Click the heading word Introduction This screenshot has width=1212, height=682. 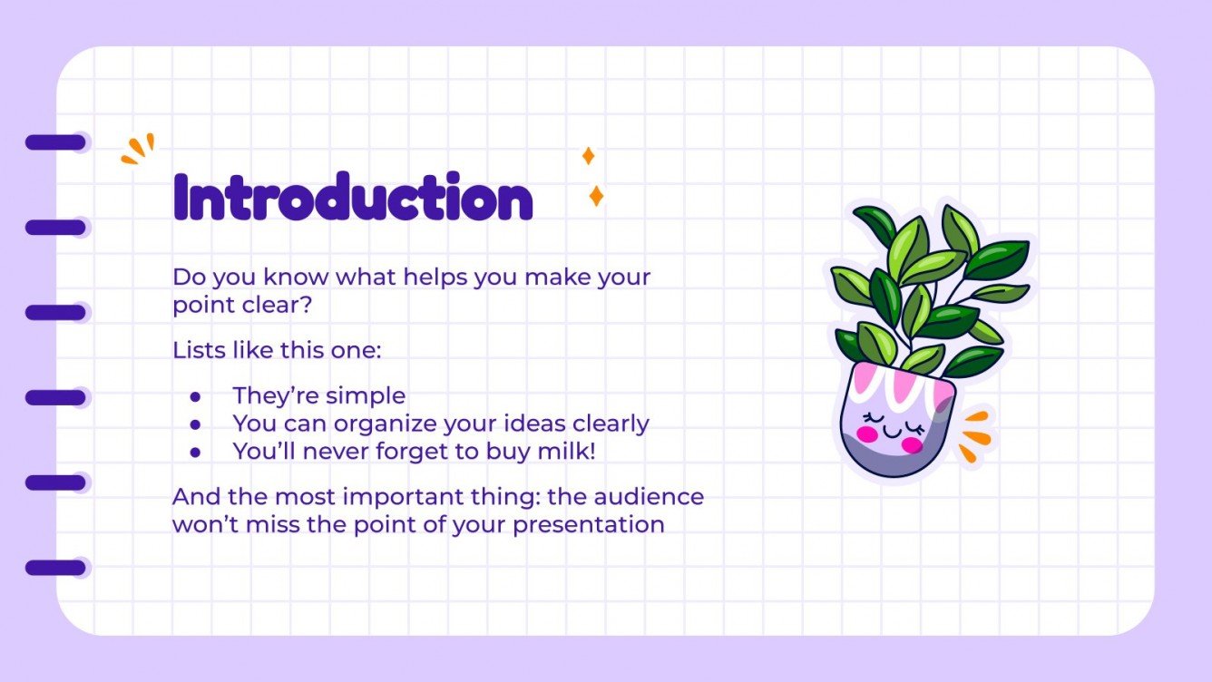click(352, 198)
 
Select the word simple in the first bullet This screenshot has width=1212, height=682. click(368, 396)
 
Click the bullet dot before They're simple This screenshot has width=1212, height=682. click(194, 397)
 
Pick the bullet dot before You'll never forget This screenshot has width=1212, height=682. click(194, 452)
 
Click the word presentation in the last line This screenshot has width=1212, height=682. click(589, 524)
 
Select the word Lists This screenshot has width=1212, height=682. click(197, 350)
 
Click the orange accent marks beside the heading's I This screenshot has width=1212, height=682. click(138, 150)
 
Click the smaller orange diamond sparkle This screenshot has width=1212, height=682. click(588, 156)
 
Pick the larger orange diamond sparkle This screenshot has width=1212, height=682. click(596, 196)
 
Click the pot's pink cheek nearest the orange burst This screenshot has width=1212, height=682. click(912, 444)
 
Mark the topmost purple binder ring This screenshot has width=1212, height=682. click(55, 142)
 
